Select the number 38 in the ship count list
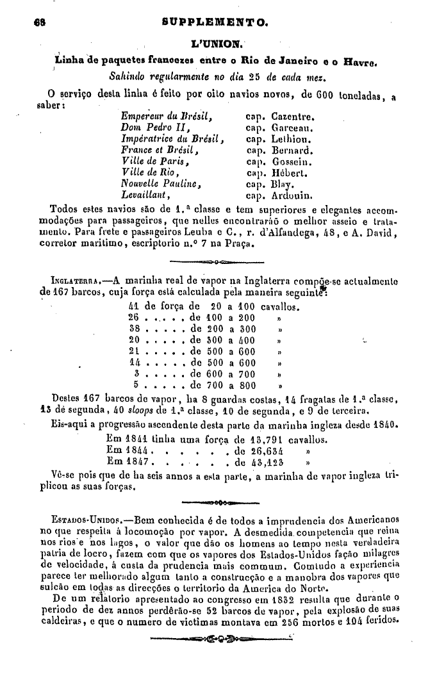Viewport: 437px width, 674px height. click(x=134, y=328)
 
